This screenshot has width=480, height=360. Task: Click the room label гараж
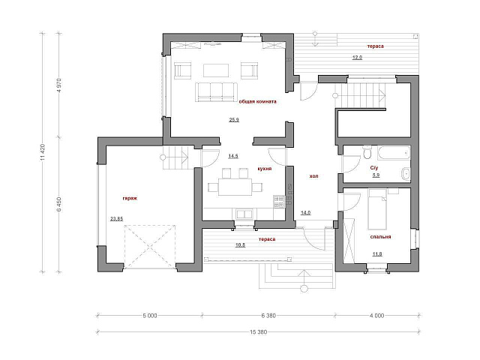pos(130,198)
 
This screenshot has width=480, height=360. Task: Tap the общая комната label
pos(257,102)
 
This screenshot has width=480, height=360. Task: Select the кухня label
pos(265,169)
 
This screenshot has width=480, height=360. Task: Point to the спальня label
pos(380,237)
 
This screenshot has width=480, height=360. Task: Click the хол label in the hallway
pos(313,176)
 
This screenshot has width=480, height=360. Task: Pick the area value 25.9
pos(234,120)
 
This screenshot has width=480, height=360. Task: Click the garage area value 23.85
pos(117,218)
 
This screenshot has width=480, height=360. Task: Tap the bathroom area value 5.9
pos(376,175)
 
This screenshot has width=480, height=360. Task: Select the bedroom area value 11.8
pos(377,253)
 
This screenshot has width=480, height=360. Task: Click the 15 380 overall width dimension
pos(259,331)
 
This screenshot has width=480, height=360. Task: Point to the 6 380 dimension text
pos(268,316)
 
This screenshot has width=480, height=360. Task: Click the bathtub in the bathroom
pos(394,153)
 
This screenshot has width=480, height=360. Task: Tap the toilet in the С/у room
pos(367,153)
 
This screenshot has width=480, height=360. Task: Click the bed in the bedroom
pos(377,209)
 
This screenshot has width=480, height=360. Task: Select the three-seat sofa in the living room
pos(217,91)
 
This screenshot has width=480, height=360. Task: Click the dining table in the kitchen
pos(235,187)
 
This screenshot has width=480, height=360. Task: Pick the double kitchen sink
pos(244,214)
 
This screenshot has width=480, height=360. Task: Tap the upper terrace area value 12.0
pos(357,57)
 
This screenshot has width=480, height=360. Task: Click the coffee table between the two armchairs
pos(216,70)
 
